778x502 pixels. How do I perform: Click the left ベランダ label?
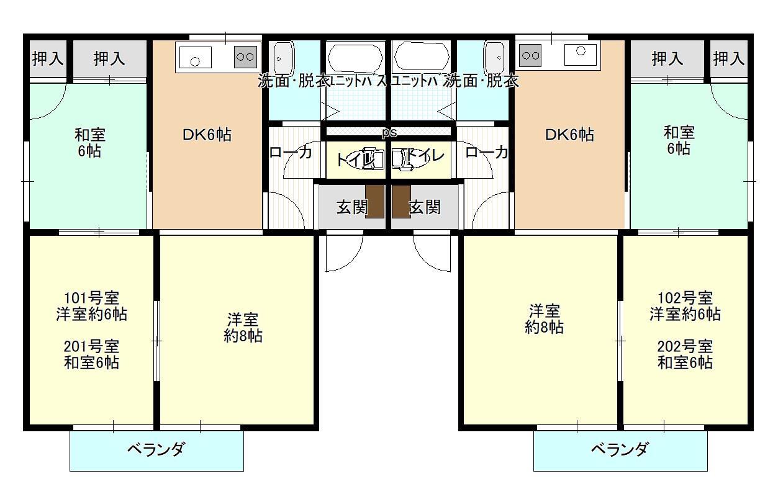pos(156,449)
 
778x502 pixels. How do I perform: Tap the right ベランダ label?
pos(620,449)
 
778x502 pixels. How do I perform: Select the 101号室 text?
pos(92,297)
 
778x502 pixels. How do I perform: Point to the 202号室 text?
pos(685,346)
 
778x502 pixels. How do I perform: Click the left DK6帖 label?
pos(207,135)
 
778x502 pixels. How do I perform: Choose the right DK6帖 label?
pos(569,135)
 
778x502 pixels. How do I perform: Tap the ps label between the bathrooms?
pos(389,132)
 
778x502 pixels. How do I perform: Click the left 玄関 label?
pos(351,207)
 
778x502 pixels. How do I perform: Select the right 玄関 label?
pos(425,207)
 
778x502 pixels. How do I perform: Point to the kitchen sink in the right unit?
pos(581,53)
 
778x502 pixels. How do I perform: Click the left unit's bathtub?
pos(356,58)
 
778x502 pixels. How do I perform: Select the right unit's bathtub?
pos(422,58)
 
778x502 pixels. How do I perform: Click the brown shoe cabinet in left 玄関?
pos(374,201)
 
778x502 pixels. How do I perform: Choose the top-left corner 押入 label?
pos(48,59)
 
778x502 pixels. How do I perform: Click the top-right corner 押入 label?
pos(728,59)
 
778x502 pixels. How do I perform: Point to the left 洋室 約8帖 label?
pos(242,328)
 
